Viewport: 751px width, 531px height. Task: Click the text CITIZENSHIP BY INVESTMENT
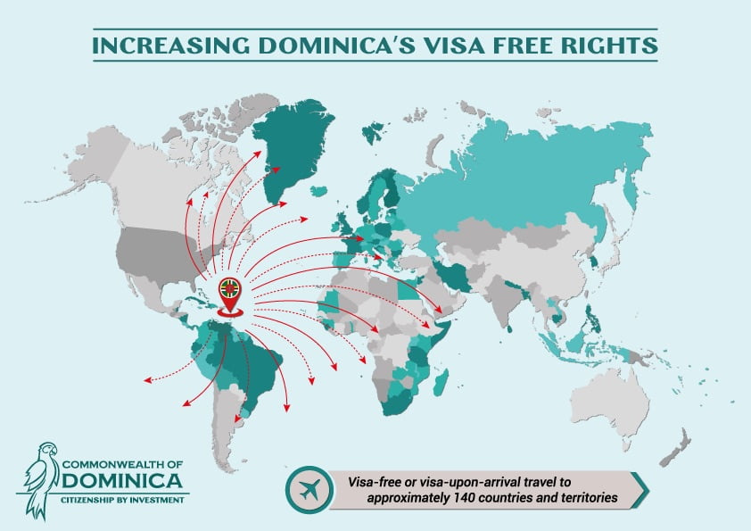tap(124, 500)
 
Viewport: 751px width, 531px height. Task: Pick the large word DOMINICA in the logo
tap(124, 483)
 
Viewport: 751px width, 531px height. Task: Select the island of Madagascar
tap(439, 385)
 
